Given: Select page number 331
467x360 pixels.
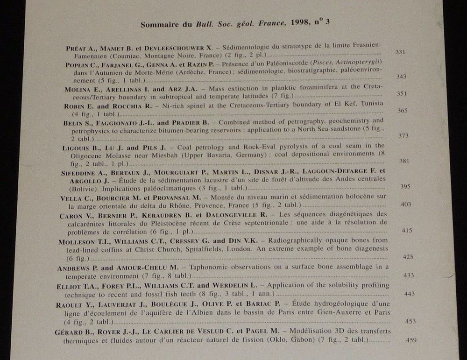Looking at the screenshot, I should [x=400, y=51].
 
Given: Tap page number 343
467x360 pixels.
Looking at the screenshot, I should [x=401, y=76].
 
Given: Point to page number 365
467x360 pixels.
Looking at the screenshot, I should [x=403, y=110].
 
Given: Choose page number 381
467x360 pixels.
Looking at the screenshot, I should [x=404, y=161].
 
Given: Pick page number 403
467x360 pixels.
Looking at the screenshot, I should [x=406, y=204].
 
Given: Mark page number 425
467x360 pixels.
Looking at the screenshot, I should [x=408, y=256].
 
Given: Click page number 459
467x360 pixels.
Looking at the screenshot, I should [x=411, y=340].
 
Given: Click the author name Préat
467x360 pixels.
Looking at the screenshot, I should [x=76, y=47].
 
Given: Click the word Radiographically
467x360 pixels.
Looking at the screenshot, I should [x=301, y=241].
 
